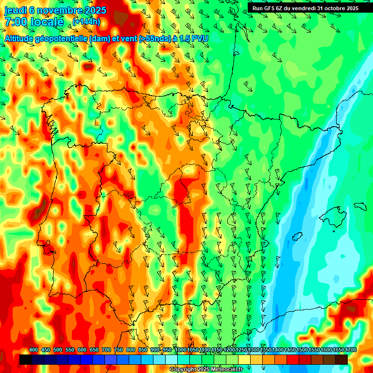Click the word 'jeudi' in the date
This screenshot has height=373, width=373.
click(15, 10)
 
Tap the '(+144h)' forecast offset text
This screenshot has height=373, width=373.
click(86, 22)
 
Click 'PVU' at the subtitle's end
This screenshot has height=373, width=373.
click(199, 38)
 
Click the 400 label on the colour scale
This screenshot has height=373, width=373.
click(34, 350)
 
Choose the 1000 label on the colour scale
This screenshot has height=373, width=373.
click(180, 350)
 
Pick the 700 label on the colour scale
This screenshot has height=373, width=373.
click(106, 350)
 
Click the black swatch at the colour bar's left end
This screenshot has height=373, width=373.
click(26, 359)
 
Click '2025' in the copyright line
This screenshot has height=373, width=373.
click(199, 370)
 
